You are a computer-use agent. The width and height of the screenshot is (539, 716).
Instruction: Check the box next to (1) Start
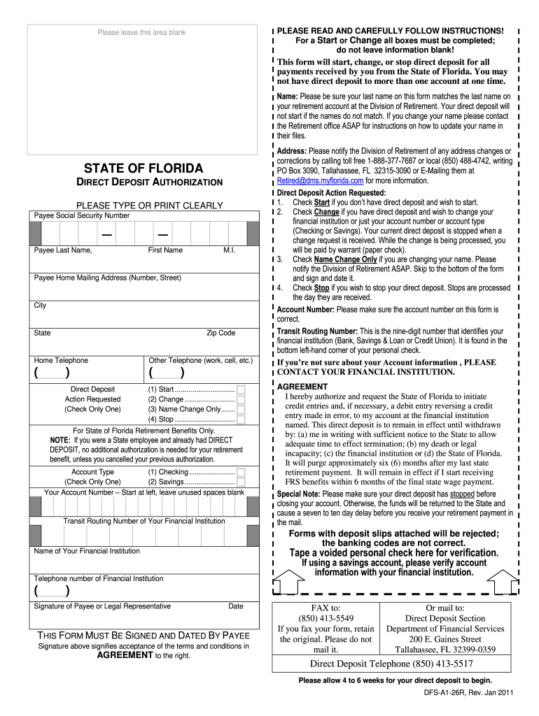click(240, 389)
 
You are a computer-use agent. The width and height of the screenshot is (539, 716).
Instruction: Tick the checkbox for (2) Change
click(240, 399)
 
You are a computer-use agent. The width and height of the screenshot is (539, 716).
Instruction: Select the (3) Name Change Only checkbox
click(240, 410)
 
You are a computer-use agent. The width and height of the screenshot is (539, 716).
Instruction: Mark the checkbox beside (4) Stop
click(240, 420)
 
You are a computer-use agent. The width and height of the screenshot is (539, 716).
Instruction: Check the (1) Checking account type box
click(240, 472)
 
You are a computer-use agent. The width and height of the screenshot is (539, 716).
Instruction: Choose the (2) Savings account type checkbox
click(240, 482)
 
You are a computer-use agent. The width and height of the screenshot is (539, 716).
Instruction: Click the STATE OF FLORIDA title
click(143, 169)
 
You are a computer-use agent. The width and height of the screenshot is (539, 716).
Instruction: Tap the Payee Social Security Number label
click(82, 215)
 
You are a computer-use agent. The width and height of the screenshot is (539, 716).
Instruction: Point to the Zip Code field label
click(220, 334)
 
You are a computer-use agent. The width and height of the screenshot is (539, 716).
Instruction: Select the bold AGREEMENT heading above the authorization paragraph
click(302, 387)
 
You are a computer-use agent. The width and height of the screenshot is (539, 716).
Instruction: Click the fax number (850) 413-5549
click(325, 618)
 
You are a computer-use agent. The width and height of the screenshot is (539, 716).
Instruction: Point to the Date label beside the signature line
click(236, 606)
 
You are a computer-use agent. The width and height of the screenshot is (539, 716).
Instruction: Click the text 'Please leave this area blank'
click(141, 33)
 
